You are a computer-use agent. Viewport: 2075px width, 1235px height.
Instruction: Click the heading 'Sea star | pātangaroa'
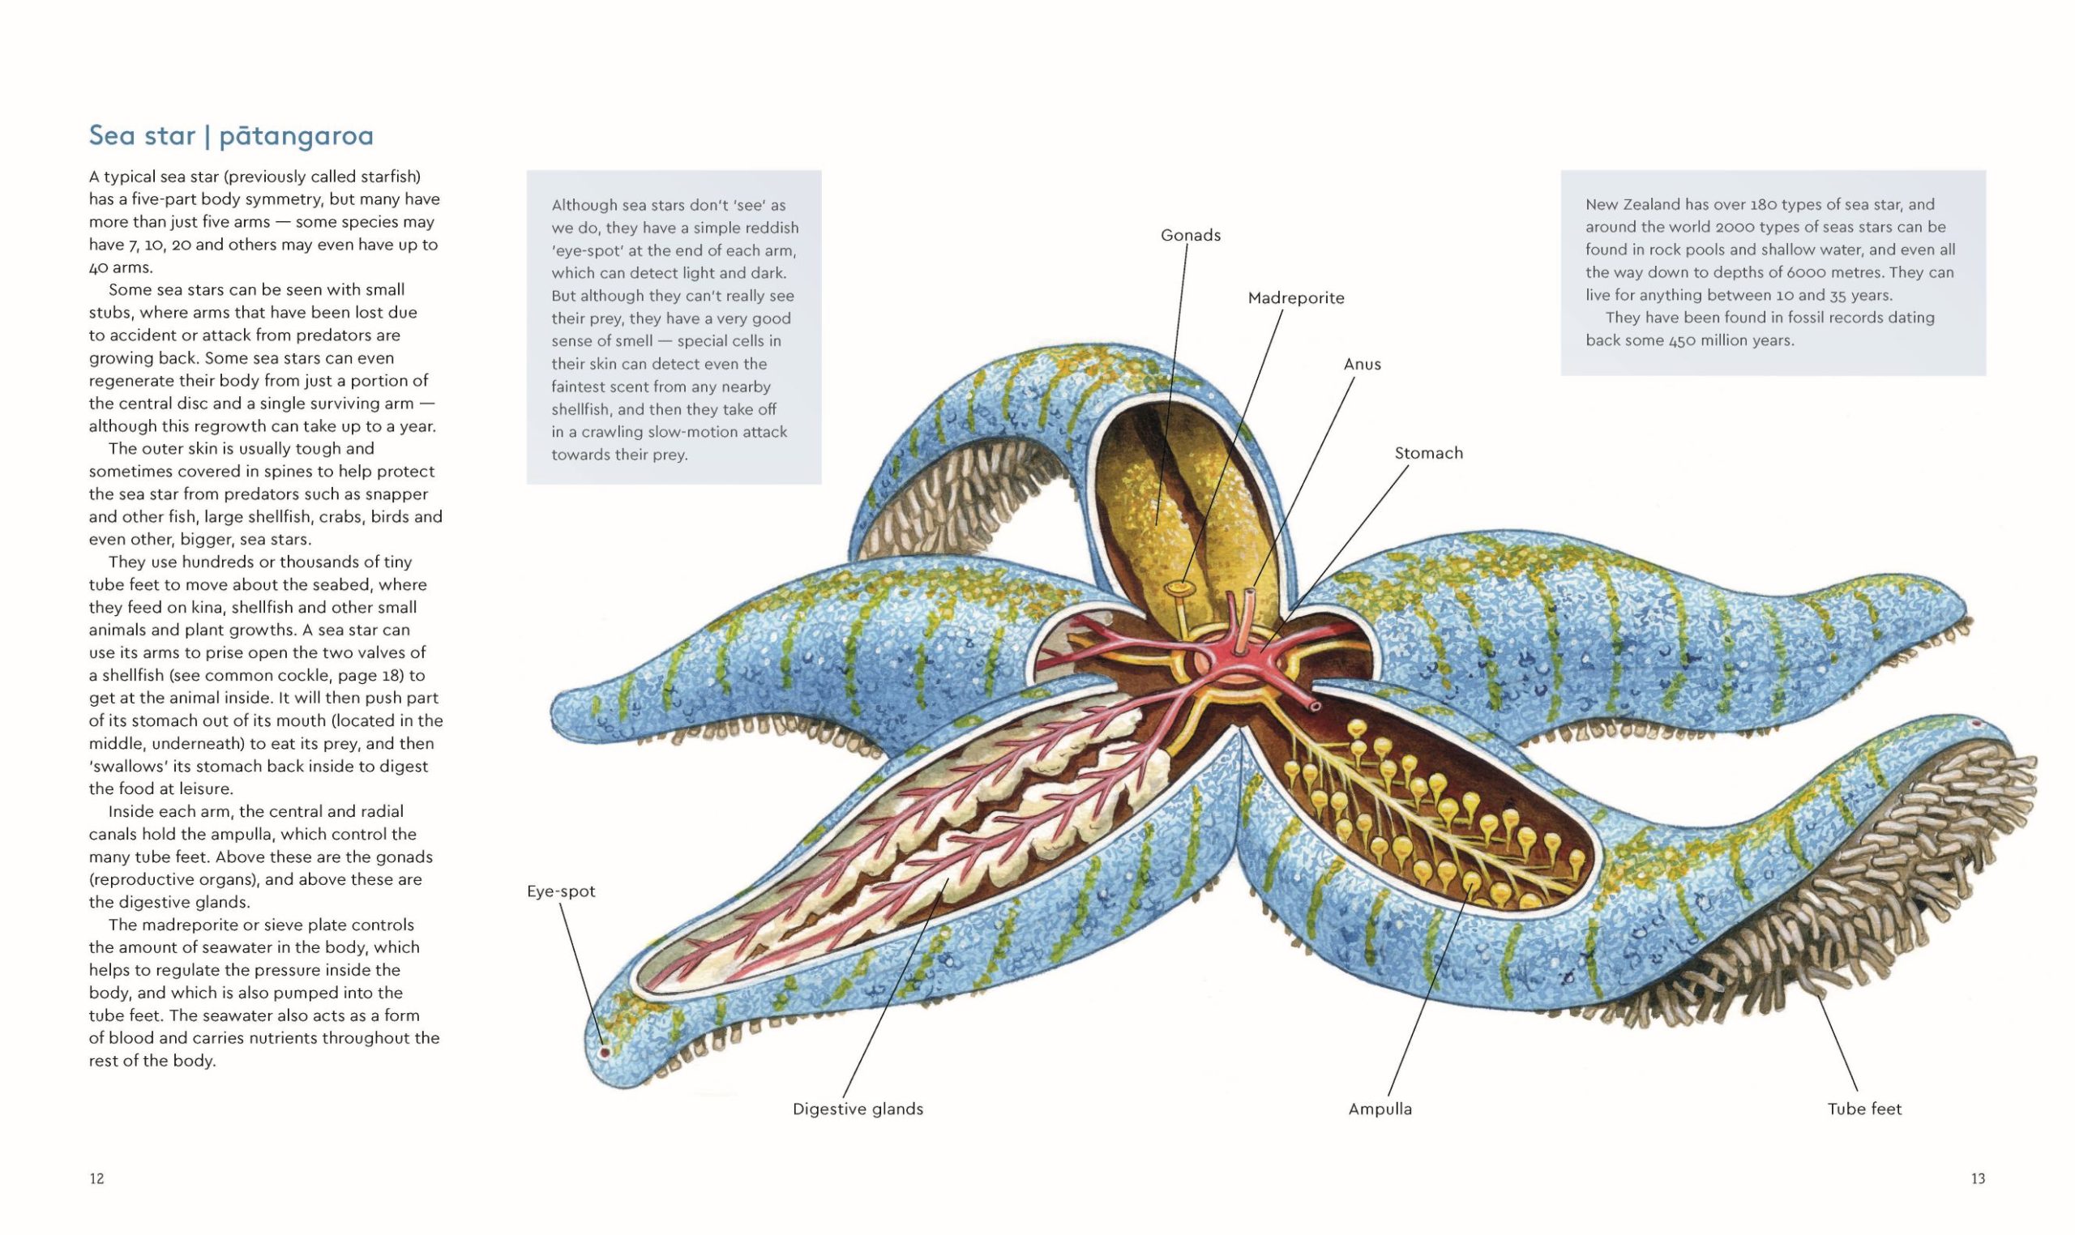tap(231, 135)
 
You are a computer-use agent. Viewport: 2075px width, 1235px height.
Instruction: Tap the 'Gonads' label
tap(1190, 236)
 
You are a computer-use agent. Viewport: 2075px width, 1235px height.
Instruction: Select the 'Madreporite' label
tap(1296, 298)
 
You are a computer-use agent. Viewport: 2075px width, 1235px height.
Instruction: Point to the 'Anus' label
tap(1362, 364)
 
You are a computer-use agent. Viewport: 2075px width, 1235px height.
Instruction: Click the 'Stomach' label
tap(1428, 453)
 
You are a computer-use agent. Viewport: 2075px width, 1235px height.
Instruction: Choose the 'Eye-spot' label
tap(561, 891)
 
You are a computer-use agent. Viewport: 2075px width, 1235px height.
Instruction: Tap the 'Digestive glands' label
tap(858, 1109)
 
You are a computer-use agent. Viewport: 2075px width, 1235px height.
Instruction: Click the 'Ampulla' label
tap(1380, 1109)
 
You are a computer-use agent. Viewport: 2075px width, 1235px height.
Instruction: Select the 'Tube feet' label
tap(1864, 1109)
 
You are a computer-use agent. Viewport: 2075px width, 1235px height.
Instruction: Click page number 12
tap(96, 1178)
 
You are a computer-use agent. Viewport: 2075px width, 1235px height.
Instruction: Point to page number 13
tap(1979, 1178)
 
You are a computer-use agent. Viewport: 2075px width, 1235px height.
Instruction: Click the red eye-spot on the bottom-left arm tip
tap(605, 1053)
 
